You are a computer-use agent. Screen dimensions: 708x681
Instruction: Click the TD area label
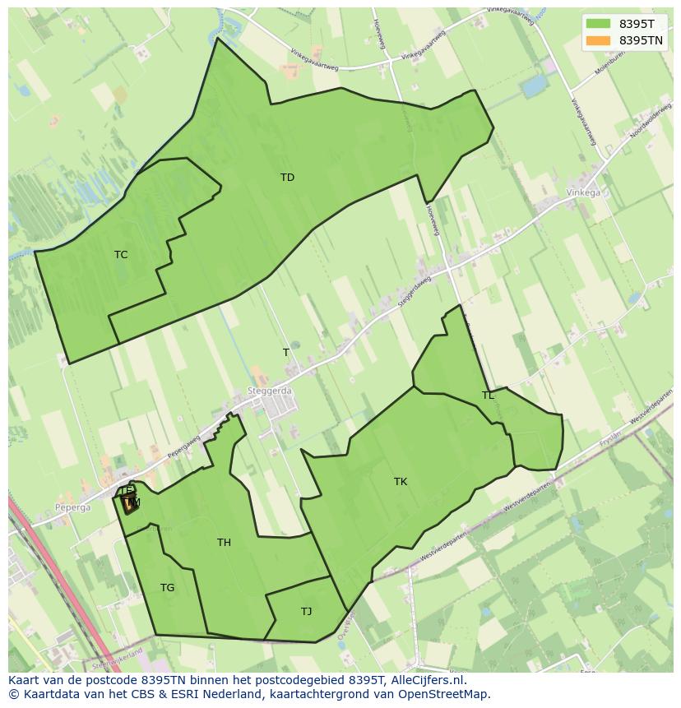click(x=287, y=178)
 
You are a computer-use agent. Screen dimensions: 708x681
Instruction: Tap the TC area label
click(x=121, y=255)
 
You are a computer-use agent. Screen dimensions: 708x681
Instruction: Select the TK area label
click(x=401, y=482)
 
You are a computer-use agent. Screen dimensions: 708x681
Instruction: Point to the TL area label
click(x=488, y=396)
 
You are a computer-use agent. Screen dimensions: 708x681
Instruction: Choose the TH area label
click(x=224, y=543)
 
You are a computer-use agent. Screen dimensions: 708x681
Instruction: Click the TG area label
click(x=167, y=588)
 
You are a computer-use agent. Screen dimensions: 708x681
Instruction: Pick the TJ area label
click(x=306, y=612)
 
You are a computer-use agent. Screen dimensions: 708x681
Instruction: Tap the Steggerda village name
click(x=270, y=391)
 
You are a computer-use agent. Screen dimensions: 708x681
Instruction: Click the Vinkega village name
click(x=583, y=193)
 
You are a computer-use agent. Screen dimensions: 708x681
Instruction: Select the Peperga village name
click(x=73, y=508)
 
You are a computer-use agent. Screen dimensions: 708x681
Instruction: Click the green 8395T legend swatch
click(x=598, y=24)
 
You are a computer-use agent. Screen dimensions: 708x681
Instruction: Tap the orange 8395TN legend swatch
click(x=598, y=40)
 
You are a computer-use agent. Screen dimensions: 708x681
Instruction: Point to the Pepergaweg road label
click(x=185, y=447)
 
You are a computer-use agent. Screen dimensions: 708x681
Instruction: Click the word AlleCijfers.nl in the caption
click(x=428, y=680)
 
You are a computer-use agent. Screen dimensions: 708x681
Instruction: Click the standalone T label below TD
click(x=286, y=353)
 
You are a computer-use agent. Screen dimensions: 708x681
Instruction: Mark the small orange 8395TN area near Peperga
click(x=129, y=505)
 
